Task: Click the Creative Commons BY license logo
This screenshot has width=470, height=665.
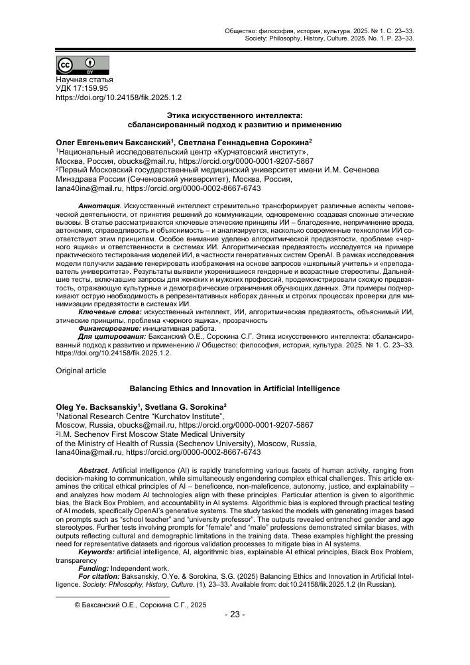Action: click(82, 66)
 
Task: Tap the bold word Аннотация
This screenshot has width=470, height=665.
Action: click(99, 207)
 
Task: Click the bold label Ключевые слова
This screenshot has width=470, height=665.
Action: click(108, 310)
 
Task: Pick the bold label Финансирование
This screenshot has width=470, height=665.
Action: click(109, 328)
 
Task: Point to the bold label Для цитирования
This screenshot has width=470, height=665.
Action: click(112, 336)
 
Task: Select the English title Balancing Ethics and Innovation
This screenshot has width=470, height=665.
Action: click(235, 388)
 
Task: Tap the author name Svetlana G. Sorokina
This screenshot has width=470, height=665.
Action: click(194, 405)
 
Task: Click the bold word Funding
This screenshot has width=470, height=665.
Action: click(94, 568)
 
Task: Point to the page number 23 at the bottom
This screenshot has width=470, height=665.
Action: click(235, 614)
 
